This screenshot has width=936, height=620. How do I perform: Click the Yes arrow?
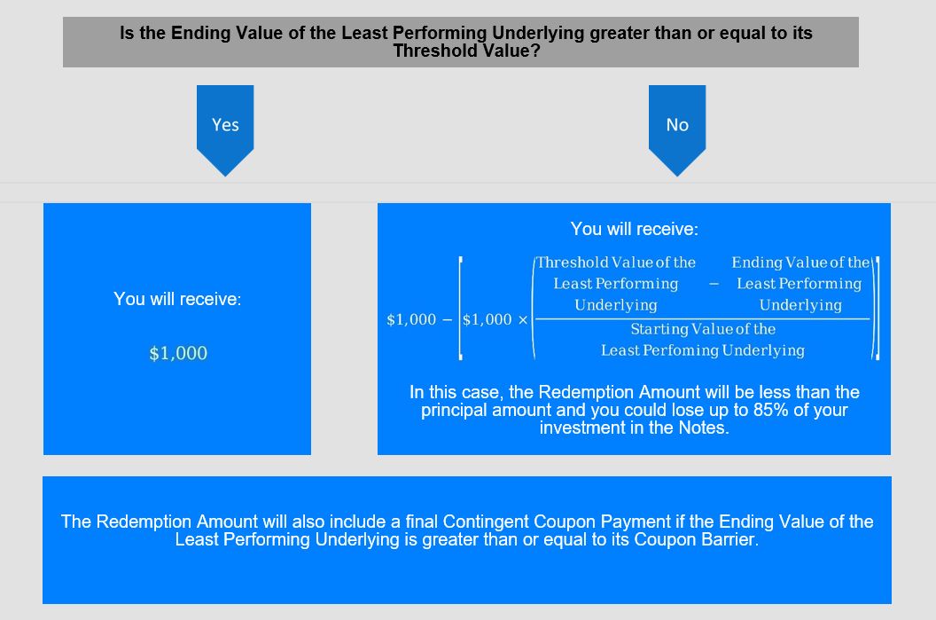point(225,129)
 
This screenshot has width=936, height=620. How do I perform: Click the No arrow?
point(677,129)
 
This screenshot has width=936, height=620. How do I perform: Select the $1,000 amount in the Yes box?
point(178,353)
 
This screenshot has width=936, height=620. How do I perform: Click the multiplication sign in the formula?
point(523,320)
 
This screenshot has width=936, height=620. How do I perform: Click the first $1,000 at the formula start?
point(411,319)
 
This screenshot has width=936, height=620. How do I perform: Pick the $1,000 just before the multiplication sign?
point(487,319)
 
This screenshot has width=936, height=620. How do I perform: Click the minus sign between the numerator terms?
point(714,285)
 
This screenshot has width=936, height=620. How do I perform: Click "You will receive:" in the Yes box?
point(177,299)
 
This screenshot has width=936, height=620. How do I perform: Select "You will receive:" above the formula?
point(634,229)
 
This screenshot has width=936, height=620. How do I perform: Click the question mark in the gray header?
point(535,51)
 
